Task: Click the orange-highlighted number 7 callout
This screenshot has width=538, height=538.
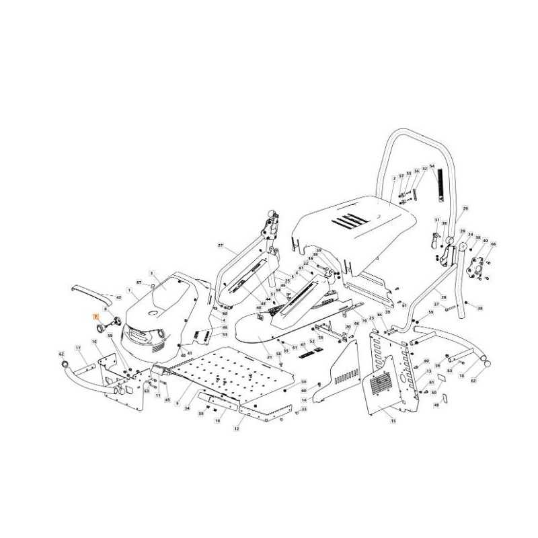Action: [x=95, y=315]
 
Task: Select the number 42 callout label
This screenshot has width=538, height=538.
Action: [x=119, y=297]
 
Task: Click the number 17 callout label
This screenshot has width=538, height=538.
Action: [x=78, y=348]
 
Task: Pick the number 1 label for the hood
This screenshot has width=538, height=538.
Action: [x=128, y=290]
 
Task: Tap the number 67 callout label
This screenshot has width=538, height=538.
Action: [x=139, y=283]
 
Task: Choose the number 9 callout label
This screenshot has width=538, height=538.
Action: [x=177, y=403]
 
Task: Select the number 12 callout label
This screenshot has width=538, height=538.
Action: [x=236, y=428]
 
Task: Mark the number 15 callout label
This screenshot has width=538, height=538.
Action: [x=393, y=421]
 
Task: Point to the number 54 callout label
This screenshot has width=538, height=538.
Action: [x=432, y=166]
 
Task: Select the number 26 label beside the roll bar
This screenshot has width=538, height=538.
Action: [x=465, y=209]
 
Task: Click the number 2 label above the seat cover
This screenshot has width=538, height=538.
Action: [x=393, y=178]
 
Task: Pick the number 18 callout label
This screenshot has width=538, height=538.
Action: [x=461, y=376]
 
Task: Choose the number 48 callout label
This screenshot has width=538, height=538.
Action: [x=436, y=405]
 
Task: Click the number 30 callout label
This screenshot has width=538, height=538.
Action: [x=485, y=241]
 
